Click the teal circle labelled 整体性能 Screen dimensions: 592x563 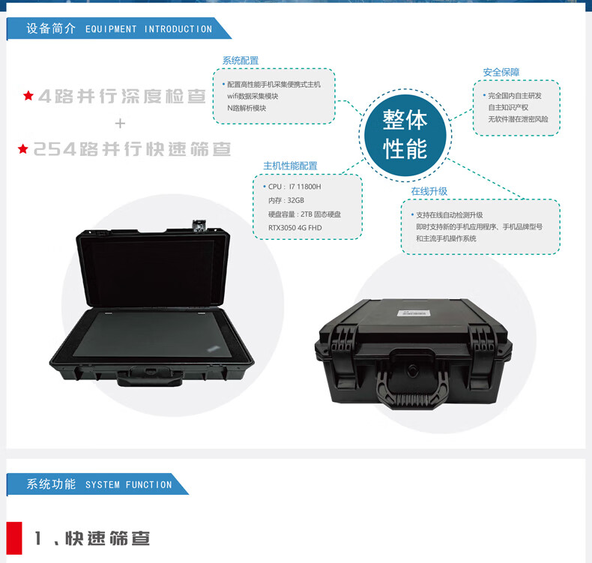pos(405,135)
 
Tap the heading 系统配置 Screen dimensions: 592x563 pos(241,61)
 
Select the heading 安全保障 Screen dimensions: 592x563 pos(501,72)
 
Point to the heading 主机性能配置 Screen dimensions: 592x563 pos(290,166)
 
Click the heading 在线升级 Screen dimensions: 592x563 pos(429,191)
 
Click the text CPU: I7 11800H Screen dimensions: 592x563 pos(295,187)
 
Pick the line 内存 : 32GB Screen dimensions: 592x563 pos(286,200)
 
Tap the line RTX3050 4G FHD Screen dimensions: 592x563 pos(295,228)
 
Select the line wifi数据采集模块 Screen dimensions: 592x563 pos(253,96)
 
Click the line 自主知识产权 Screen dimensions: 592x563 pos(508,108)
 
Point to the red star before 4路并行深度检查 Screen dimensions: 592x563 pos(28,95)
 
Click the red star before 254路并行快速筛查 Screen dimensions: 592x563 pos(23,148)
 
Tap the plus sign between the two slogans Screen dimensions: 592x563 pos(120,124)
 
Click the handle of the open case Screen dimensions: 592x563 pos(149,378)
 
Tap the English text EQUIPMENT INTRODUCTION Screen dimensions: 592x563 pos(149,29)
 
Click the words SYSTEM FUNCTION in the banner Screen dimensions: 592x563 pos(128,485)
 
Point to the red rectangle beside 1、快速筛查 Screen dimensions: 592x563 pos(14,538)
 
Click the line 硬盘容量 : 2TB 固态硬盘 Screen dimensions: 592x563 pos(304,214)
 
